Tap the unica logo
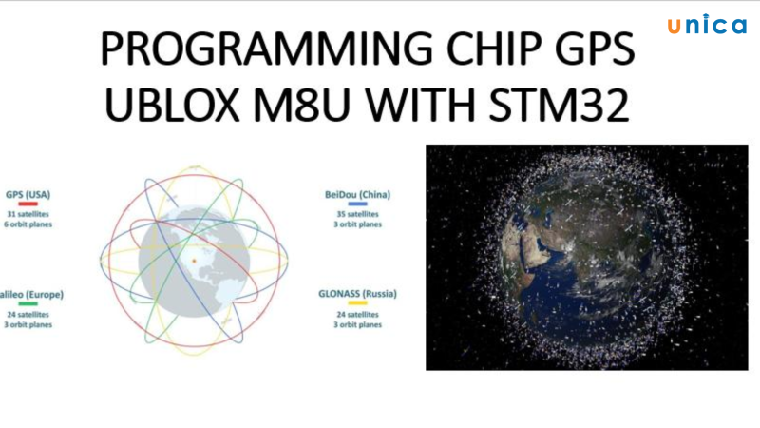(x=707, y=26)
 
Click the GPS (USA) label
(x=28, y=194)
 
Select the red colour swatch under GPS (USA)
(x=27, y=204)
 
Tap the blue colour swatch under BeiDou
(x=358, y=204)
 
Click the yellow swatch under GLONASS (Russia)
(x=358, y=304)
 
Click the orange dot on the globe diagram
(x=193, y=259)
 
